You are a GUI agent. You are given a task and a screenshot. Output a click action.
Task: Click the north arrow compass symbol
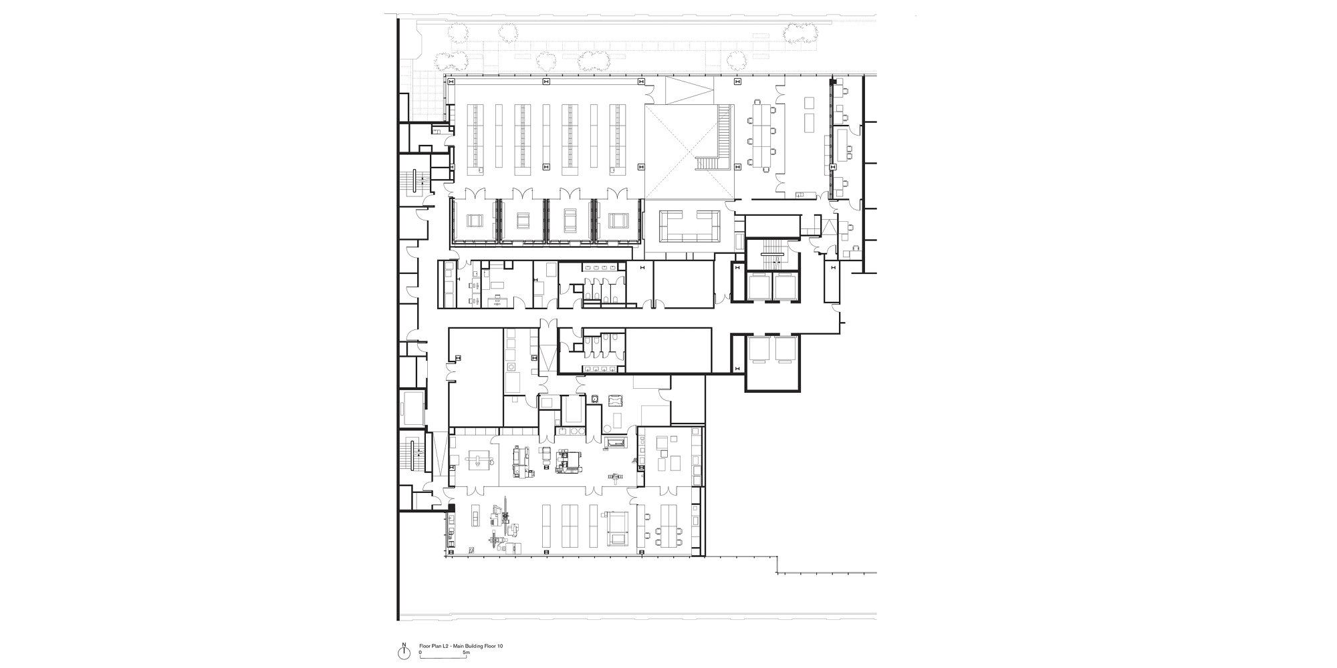[x=403, y=649]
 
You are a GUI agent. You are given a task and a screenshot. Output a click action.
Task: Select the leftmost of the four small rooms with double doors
[x=475, y=220]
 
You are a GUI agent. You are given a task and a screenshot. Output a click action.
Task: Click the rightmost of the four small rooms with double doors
[x=619, y=220]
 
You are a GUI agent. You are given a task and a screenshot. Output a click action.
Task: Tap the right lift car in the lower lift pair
[x=785, y=350]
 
